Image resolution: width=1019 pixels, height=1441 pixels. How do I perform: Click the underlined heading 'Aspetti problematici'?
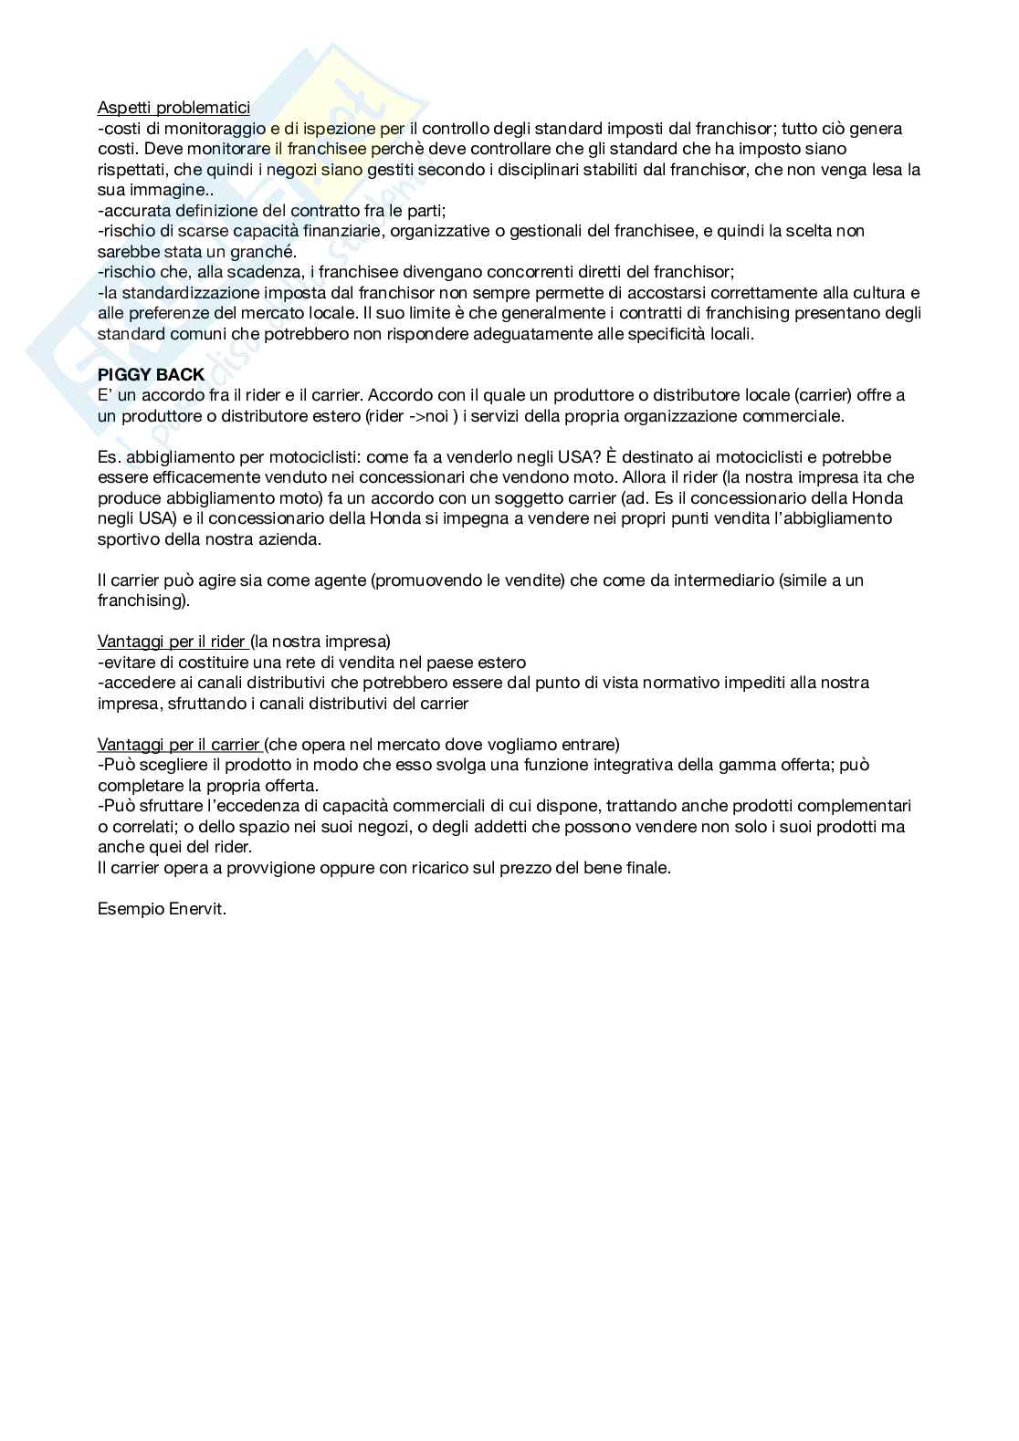(x=173, y=109)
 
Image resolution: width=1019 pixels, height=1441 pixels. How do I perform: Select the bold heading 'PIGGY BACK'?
(x=151, y=375)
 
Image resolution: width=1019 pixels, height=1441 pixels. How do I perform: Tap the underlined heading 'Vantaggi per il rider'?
(x=172, y=642)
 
